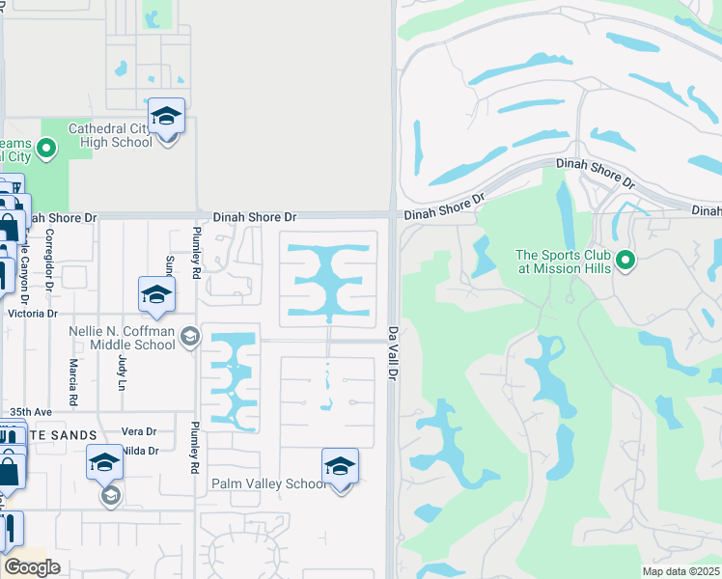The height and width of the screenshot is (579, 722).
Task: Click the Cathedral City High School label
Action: pyautogui.click(x=110, y=135)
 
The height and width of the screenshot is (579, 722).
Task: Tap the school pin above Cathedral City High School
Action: pyautogui.click(x=167, y=118)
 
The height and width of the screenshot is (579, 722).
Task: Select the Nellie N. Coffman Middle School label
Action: pyautogui.click(x=123, y=337)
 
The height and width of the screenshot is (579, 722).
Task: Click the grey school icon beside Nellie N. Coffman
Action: pyautogui.click(x=190, y=336)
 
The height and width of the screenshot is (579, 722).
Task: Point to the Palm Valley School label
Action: pyautogui.click(x=269, y=483)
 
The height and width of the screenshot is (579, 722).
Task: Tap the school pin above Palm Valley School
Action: pyautogui.click(x=340, y=468)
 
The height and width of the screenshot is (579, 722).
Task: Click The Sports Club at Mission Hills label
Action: pyautogui.click(x=564, y=262)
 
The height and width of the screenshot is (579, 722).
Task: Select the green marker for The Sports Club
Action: pyautogui.click(x=625, y=260)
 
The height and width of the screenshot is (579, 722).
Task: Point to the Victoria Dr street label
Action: pyautogui.click(x=32, y=314)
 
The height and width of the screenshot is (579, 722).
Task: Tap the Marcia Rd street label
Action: pyautogui.click(x=73, y=381)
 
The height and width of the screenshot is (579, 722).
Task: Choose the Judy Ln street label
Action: pyautogui.click(x=122, y=372)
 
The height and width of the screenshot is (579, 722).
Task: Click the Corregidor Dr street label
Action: pyautogui.click(x=48, y=260)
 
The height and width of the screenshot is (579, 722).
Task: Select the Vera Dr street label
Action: pyautogui.click(x=139, y=431)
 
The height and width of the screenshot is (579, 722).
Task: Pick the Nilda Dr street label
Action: pyautogui.click(x=140, y=451)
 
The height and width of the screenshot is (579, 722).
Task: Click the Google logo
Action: pyautogui.click(x=32, y=567)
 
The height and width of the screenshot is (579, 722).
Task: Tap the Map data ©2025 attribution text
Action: pyautogui.click(x=680, y=571)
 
